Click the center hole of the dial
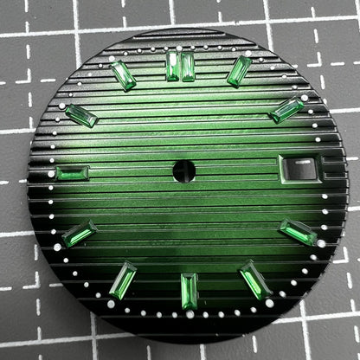click(x=183, y=170)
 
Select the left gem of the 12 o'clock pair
click(x=173, y=66)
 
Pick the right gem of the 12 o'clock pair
click(x=188, y=66)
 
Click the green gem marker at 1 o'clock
click(x=239, y=71)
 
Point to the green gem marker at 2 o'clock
click(x=286, y=110)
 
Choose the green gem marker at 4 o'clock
click(x=299, y=232)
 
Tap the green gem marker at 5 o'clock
click(x=255, y=279)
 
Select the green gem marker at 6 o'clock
click(x=189, y=291)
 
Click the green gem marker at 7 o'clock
click(x=123, y=280)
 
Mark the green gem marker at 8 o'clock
click(x=79, y=234)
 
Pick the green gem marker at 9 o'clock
click(x=72, y=173)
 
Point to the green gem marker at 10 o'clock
click(x=80, y=115)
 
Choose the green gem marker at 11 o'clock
click(x=124, y=75)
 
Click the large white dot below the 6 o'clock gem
click(x=190, y=314)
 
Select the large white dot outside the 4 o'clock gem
click(x=321, y=243)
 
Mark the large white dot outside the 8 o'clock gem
click(x=58, y=247)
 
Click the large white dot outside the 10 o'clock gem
click(x=61, y=106)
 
